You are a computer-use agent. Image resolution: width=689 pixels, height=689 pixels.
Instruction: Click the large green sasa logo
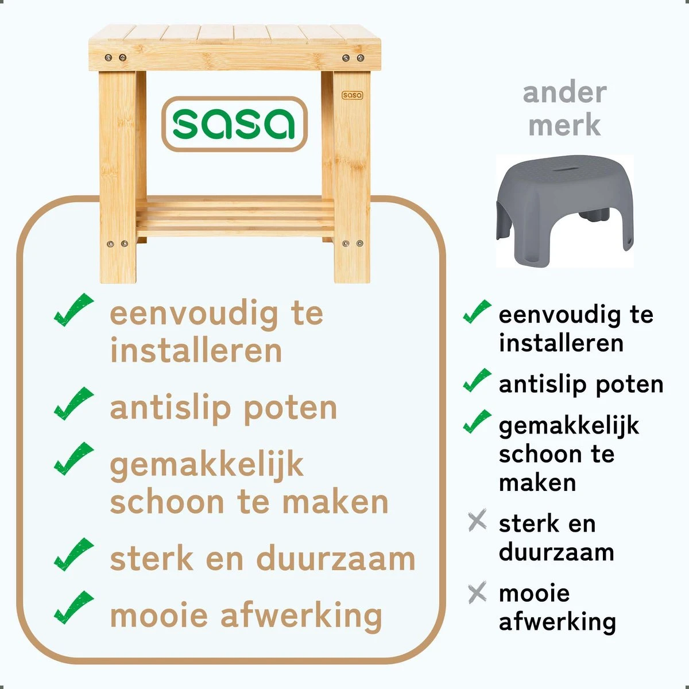pos(234,123)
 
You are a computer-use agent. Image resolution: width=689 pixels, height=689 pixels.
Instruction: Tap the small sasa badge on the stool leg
pos(352,95)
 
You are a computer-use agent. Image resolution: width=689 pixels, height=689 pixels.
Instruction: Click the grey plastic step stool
pos(564,210)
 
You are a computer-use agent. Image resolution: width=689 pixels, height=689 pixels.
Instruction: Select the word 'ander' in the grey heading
pos(564,93)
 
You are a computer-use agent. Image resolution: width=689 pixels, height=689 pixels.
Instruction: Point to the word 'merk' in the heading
pos(564,125)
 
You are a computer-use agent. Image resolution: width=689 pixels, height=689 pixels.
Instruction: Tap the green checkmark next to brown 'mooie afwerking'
pos(73,607)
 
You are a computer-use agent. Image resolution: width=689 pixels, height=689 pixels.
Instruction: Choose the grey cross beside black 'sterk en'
pos(477,521)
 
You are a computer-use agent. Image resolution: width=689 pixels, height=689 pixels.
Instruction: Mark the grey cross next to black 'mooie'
pos(477,593)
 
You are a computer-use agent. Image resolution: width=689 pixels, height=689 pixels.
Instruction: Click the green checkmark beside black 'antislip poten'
pos(477,381)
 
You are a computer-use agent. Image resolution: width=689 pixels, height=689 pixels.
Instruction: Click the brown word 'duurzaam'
pos(335,559)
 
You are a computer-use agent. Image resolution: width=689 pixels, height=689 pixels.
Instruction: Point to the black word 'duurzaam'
pos(556,552)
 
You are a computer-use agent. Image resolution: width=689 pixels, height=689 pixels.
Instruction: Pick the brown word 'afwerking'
pos(301,616)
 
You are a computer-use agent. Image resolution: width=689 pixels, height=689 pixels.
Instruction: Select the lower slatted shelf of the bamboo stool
pos(234,217)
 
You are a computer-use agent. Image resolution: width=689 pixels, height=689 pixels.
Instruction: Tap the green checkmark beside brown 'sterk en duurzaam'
pos(73,555)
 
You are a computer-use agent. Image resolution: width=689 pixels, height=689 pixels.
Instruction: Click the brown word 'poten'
pos(291,408)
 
